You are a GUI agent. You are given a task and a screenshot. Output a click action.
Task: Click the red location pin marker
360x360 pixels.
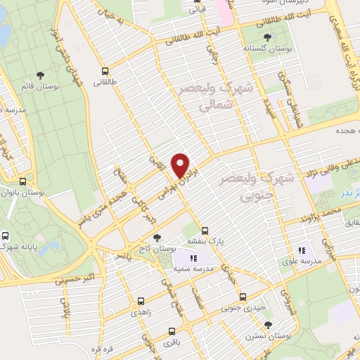coord(181,164)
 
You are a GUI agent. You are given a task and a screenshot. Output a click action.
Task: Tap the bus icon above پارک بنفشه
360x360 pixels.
coord(205,230)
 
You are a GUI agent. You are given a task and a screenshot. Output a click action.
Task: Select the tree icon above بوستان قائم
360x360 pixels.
coord(40,74)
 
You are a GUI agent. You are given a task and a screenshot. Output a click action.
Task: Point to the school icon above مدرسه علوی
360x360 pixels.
coord(302,250)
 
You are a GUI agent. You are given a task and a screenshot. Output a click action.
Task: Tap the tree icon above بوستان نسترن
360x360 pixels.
coord(267,323)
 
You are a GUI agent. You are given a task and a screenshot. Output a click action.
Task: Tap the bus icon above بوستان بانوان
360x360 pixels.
coord(23,181)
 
